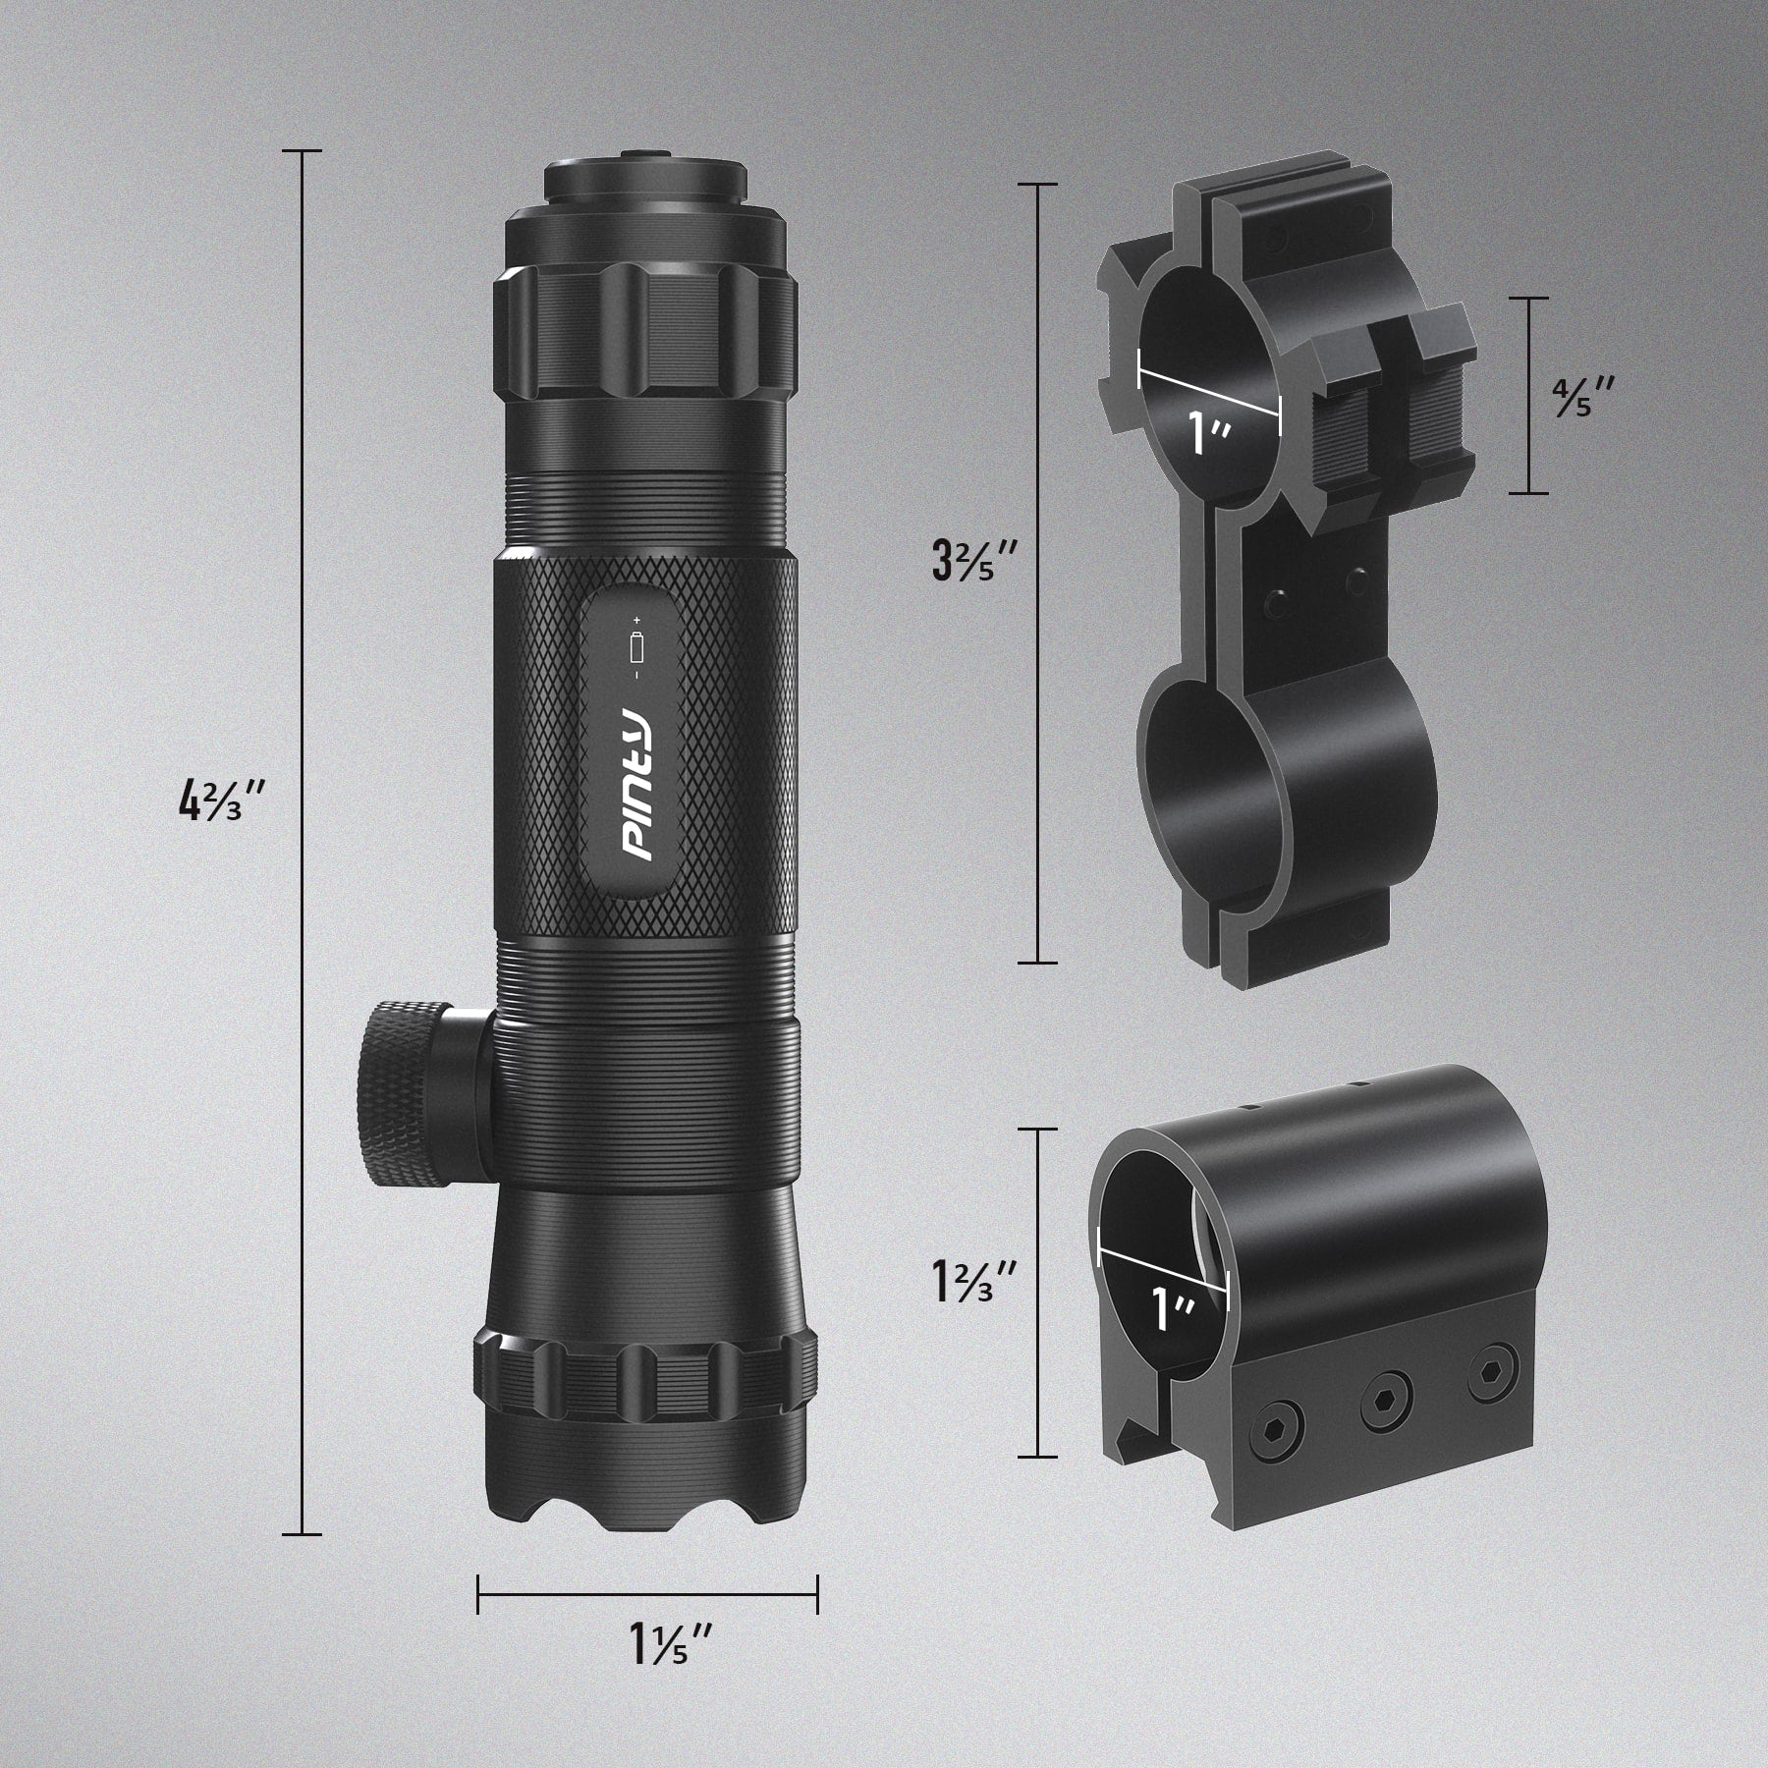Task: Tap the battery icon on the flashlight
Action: coord(636,648)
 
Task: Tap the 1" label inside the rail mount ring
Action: coord(1172,1309)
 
